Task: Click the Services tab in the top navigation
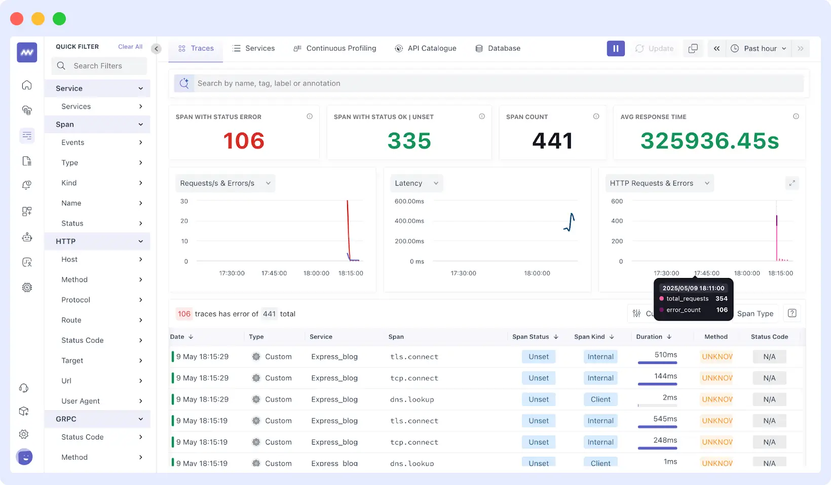coord(254,49)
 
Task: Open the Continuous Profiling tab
coord(335,49)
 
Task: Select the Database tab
coord(498,49)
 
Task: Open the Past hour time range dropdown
coord(759,49)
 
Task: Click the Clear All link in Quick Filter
coord(130,47)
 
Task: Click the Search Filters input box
coord(99,66)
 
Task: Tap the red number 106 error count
coord(244,141)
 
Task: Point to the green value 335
coord(409,141)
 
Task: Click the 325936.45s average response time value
coord(709,141)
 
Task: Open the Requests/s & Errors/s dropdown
coord(225,183)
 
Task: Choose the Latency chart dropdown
coord(416,183)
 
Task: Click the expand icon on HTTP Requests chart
coord(791,183)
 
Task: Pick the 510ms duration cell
coord(665,355)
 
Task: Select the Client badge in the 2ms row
coord(600,399)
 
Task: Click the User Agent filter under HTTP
coord(81,401)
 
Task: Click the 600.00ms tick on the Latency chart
coord(409,201)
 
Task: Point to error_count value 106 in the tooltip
coord(722,310)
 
